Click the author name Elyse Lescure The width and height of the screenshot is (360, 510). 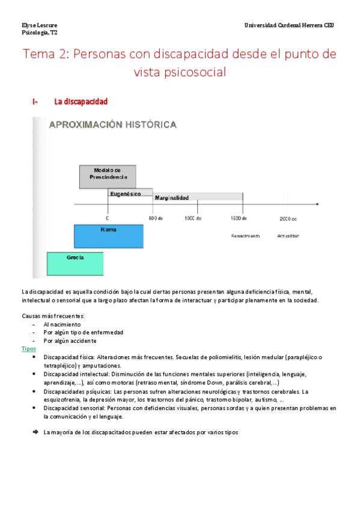pos(40,25)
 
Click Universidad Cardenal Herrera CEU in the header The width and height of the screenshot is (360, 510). pos(288,25)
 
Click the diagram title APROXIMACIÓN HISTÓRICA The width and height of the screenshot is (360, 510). pos(112,124)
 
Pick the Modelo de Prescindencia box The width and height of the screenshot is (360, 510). pos(108,176)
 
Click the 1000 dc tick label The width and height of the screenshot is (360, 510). pos(193,218)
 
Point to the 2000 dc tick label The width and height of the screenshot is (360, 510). pos(288,218)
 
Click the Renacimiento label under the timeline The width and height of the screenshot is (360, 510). pos(245,236)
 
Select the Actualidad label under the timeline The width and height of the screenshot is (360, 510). pos(288,236)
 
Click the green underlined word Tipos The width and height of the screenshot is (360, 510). pos(28,349)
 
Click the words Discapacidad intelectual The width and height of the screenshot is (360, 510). pos(69,374)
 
